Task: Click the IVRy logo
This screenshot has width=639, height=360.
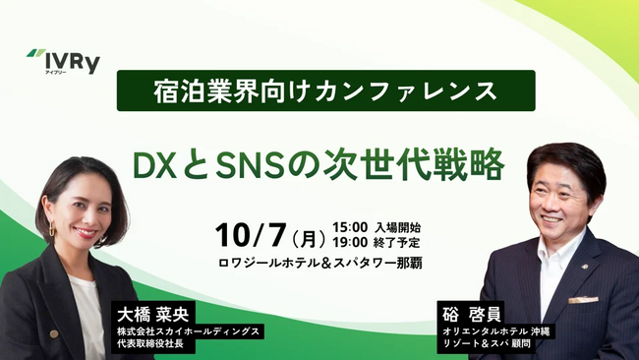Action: tap(64, 62)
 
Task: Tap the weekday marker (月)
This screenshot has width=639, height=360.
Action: tap(308, 236)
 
